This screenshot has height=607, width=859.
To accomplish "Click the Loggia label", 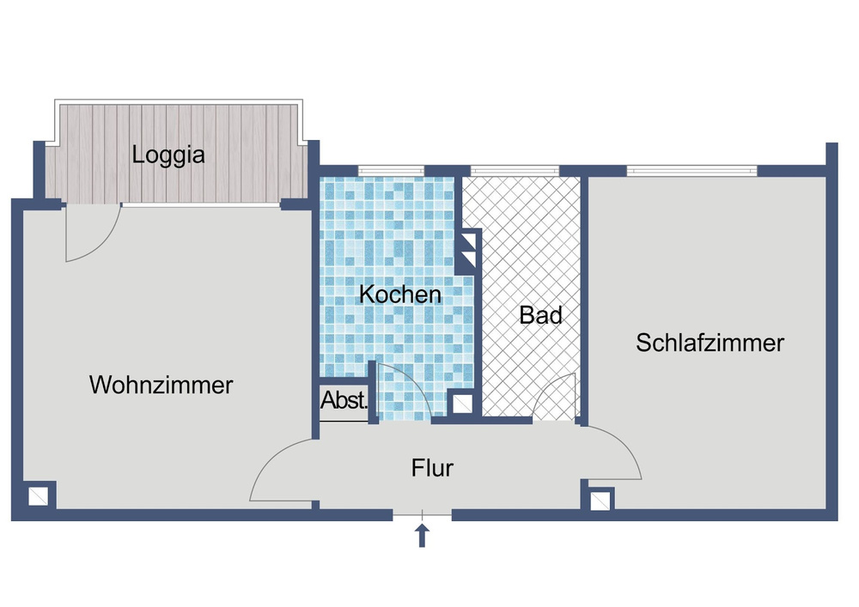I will (x=168, y=156).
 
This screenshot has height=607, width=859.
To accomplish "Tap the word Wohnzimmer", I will (x=161, y=385).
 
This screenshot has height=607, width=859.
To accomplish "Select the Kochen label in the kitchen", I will (x=399, y=294).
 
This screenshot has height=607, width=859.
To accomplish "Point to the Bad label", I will (x=540, y=315).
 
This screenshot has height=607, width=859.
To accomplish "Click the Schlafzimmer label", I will (x=710, y=343).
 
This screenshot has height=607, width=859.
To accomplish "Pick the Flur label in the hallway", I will (x=432, y=469).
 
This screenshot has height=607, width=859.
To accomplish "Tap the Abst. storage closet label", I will (x=344, y=400).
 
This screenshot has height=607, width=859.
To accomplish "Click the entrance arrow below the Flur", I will (x=422, y=536).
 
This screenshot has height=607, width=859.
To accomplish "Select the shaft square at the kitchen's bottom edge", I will (x=461, y=403).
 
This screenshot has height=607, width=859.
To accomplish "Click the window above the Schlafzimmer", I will (x=691, y=170).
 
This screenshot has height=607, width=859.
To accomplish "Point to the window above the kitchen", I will (x=392, y=170).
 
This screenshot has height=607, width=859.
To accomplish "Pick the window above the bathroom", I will (x=511, y=170).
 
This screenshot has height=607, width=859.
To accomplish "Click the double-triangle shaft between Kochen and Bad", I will (x=468, y=249).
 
